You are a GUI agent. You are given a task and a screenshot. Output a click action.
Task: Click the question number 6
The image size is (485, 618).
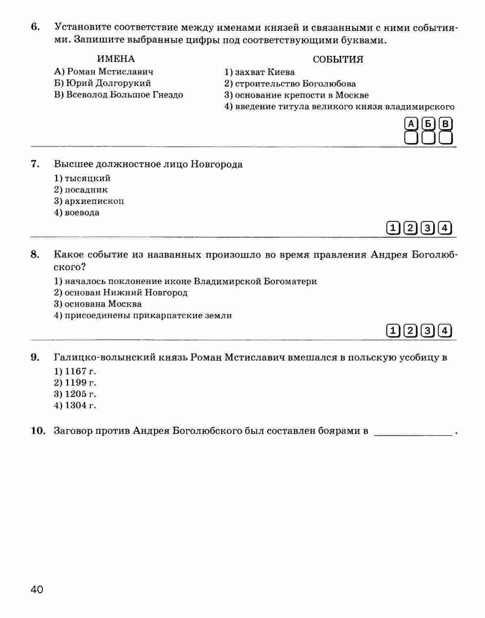click(x=35, y=27)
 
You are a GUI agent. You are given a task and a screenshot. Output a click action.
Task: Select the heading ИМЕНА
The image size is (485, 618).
click(x=116, y=59)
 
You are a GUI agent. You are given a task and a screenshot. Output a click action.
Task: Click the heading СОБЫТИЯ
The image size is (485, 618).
click(x=338, y=60)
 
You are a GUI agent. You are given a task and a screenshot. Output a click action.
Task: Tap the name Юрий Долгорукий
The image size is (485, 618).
click(x=103, y=83)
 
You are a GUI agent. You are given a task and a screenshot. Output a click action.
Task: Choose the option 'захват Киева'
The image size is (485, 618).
click(x=260, y=72)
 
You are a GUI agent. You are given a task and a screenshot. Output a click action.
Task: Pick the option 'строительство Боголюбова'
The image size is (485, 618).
click(x=290, y=84)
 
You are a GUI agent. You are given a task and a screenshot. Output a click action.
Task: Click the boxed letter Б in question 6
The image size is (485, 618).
click(x=428, y=124)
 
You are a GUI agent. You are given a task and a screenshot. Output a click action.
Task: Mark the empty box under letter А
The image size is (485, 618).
click(x=411, y=137)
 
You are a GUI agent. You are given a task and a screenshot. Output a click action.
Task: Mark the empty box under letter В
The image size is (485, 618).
click(x=446, y=137)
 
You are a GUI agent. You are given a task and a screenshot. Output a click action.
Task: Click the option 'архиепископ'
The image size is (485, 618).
click(x=89, y=201)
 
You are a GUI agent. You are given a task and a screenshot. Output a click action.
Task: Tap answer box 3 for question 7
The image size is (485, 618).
click(x=428, y=228)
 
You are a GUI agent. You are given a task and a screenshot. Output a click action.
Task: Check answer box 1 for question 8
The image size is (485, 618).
click(x=393, y=330)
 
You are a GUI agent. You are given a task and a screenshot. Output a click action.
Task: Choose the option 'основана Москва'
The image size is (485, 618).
click(x=98, y=304)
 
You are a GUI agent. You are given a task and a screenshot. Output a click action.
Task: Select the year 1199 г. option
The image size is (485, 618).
click(x=75, y=383)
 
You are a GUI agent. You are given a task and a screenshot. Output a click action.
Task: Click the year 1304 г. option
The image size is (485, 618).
click(x=75, y=406)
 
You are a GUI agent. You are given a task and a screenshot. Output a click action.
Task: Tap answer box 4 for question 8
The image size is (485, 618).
click(x=445, y=330)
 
